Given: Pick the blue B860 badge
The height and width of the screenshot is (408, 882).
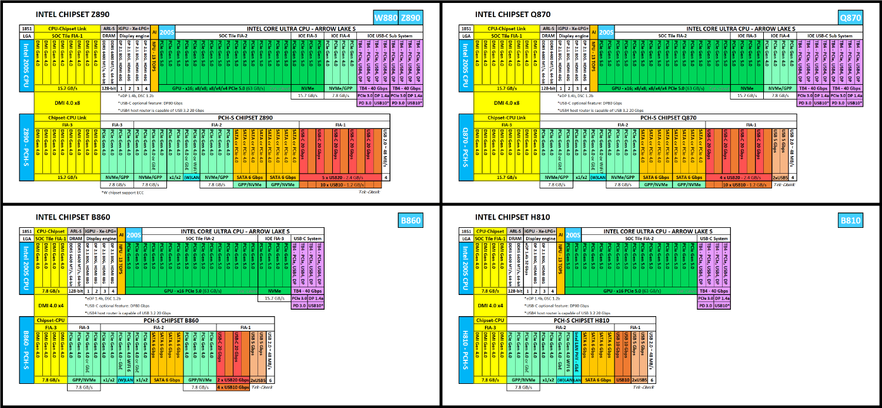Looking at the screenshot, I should (x=410, y=221).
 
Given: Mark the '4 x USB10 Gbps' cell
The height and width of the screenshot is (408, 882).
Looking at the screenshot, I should (x=233, y=387).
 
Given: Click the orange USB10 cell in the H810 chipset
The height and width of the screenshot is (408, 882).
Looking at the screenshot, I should (x=623, y=380).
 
